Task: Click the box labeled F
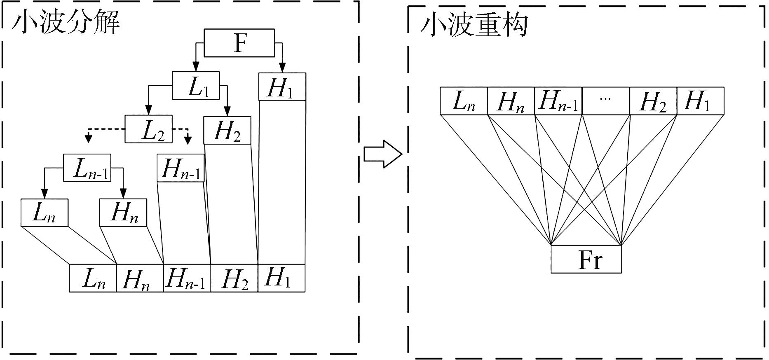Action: [239, 43]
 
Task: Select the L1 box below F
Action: [196, 86]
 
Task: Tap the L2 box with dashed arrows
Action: [148, 129]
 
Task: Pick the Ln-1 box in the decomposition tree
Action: [87, 168]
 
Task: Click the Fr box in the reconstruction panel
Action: [586, 259]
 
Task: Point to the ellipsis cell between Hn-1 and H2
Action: [605, 101]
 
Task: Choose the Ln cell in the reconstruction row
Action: [464, 101]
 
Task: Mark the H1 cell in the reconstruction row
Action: [700, 101]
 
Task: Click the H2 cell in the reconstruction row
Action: [653, 101]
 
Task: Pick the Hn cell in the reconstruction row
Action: [511, 101]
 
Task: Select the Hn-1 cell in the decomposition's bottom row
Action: [187, 278]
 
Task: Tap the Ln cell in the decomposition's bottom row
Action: [93, 278]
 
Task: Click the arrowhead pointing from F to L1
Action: [196, 66]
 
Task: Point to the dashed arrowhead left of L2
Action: [88, 139]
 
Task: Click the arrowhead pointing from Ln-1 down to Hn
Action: [123, 193]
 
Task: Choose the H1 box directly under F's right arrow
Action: [282, 86]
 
